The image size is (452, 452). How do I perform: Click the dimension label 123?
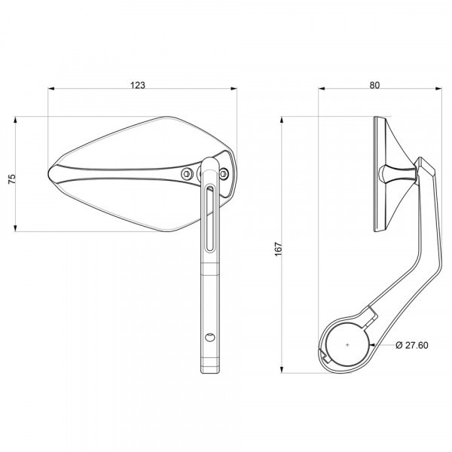[138, 85]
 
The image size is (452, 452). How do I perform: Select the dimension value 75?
[12, 179]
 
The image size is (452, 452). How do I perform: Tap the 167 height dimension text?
[278, 249]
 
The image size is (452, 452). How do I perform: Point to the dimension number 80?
[374, 85]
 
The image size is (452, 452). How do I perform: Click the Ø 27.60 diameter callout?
[412, 345]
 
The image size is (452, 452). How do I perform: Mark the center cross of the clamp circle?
[347, 344]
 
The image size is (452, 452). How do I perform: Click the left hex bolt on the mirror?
[187, 173]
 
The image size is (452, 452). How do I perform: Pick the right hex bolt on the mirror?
[224, 173]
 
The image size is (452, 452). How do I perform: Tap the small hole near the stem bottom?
[209, 337]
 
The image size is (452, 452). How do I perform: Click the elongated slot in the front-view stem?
[209, 218]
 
